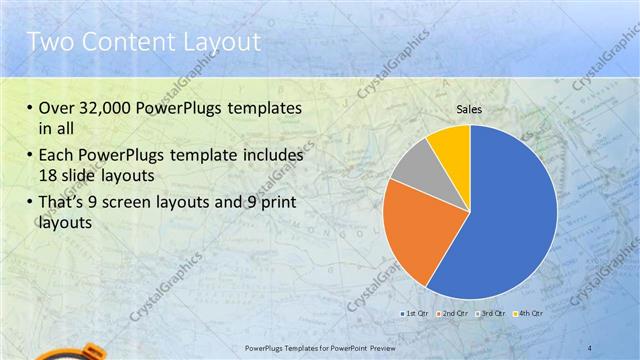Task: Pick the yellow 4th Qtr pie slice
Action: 451,144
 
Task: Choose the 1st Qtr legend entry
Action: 415,314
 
